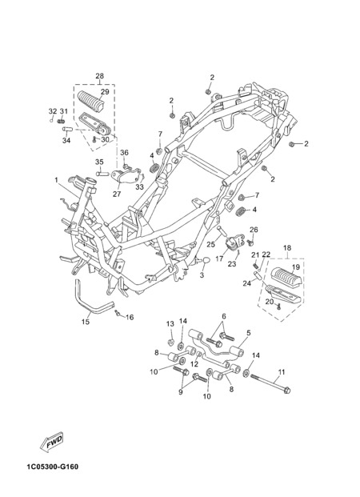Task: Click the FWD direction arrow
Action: click(x=52, y=442)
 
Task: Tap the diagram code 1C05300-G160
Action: click(x=53, y=467)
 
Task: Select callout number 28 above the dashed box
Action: click(x=99, y=76)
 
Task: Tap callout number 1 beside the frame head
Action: click(x=57, y=180)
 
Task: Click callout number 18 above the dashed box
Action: click(x=287, y=247)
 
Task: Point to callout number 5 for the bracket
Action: click(x=249, y=333)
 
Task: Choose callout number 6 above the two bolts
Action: click(x=224, y=316)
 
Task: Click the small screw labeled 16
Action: click(x=118, y=313)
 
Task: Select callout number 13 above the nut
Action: click(x=170, y=323)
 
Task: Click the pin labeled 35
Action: click(x=102, y=174)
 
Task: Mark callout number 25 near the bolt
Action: click(x=210, y=244)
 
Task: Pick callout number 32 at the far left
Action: click(x=53, y=111)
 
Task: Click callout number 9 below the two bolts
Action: click(x=181, y=392)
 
